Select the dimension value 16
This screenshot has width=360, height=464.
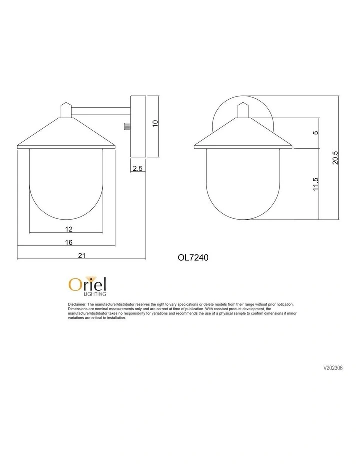point(69,242)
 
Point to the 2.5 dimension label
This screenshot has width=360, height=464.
point(138,169)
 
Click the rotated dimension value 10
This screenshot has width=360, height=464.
point(155,123)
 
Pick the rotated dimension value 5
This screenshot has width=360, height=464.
point(315,133)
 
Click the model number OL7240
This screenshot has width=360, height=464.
point(192,258)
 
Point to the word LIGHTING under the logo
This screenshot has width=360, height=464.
point(94,294)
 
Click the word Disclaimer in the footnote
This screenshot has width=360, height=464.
point(77,304)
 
